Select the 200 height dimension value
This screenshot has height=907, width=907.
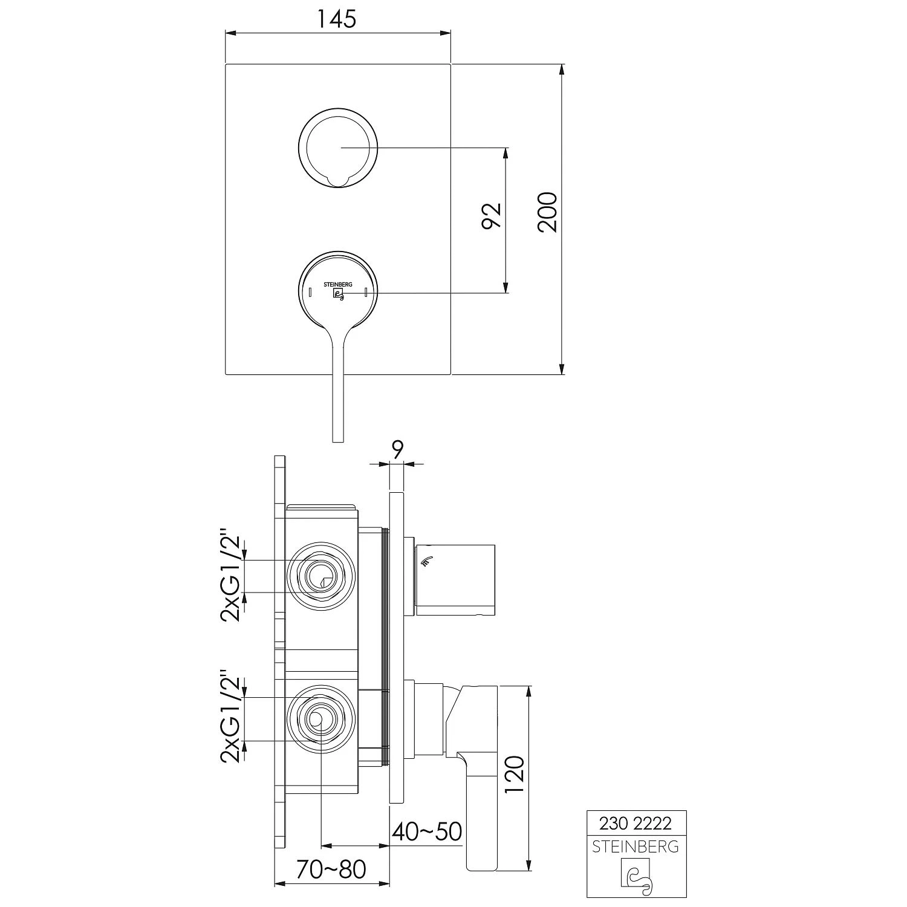coord(547,212)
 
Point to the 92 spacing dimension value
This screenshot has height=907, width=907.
coord(492,216)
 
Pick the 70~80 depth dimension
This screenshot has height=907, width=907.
coord(332,869)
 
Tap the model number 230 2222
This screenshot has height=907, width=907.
coord(636,823)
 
